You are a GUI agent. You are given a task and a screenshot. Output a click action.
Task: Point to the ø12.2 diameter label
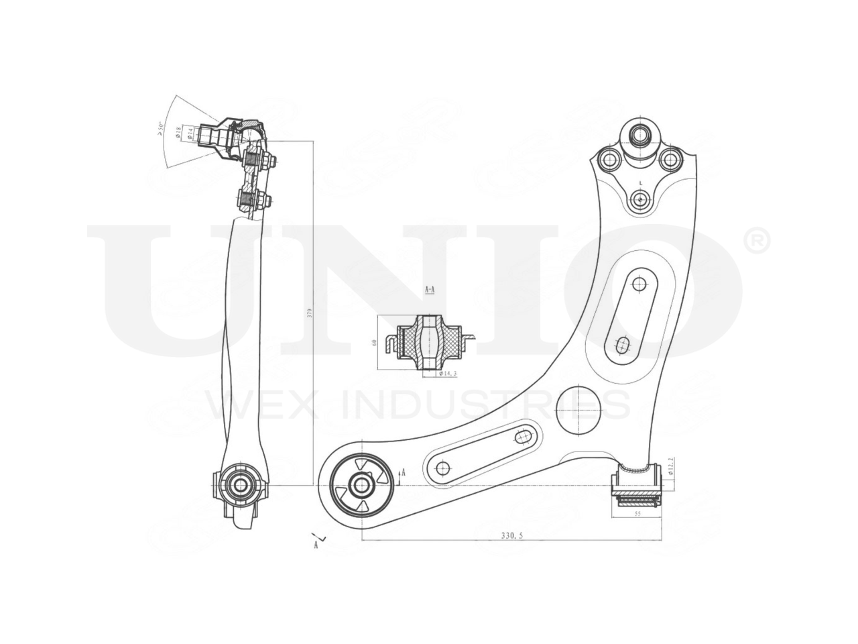point(670,464)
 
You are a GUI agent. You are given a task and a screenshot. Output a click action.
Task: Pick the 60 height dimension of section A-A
point(375,343)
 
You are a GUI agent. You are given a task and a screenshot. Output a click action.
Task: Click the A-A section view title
point(430,289)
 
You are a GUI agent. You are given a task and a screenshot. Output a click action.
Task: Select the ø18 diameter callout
point(178,132)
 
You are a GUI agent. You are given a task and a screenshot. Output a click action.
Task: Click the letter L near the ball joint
point(641,182)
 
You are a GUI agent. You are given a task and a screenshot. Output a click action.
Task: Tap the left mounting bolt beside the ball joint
point(609,160)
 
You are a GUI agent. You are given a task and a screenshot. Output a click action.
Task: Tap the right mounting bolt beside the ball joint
point(668,160)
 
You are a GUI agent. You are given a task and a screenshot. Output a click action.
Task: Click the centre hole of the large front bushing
point(360,484)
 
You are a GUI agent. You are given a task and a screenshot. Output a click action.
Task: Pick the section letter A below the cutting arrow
point(315,546)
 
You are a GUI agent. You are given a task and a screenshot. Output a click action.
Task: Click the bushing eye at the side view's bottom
point(239,483)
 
